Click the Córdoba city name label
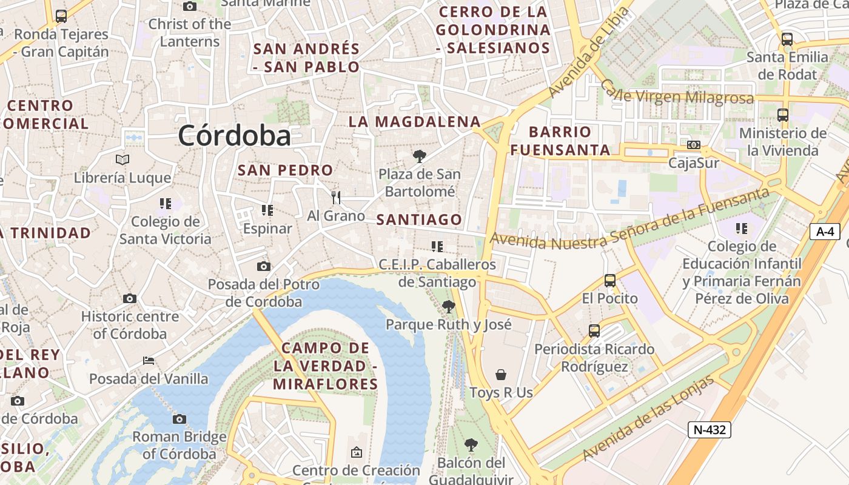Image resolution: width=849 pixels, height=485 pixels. (x=235, y=135)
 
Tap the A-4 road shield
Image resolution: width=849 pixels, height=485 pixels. (x=825, y=231)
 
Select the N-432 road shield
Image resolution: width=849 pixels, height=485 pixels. (x=709, y=430)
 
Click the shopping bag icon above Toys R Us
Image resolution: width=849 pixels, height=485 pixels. (x=501, y=374)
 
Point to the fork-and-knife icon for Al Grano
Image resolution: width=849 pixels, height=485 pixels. (x=336, y=197)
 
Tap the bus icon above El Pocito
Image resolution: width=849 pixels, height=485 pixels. (x=610, y=280)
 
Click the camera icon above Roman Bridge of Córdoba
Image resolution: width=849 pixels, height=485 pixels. (x=179, y=419)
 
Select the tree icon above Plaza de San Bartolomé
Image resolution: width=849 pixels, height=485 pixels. (x=419, y=156)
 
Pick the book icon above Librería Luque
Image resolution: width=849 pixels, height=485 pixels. (x=122, y=159)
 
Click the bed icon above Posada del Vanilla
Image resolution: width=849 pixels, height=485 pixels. (x=149, y=361)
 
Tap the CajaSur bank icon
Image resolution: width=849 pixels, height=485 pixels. (x=694, y=145)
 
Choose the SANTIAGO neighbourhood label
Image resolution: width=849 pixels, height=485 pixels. (x=419, y=219)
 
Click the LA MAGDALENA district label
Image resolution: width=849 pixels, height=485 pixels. (x=415, y=121)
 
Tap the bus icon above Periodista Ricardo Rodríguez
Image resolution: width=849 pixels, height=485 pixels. (x=594, y=331)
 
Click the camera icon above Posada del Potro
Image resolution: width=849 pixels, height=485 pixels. (x=263, y=266)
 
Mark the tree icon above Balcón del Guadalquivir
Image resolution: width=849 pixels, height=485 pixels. (x=471, y=445)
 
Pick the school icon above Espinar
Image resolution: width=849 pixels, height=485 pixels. (x=267, y=210)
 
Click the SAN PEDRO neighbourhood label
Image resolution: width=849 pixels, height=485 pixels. (x=285, y=170)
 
